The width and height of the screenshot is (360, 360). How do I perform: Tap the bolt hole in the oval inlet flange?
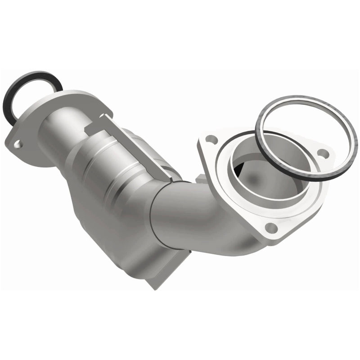(17, 144)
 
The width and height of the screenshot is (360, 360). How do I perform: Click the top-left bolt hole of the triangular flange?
(212, 138)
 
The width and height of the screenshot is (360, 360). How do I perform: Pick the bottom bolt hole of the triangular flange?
(270, 227)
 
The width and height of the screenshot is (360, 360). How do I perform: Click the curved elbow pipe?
(189, 211)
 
